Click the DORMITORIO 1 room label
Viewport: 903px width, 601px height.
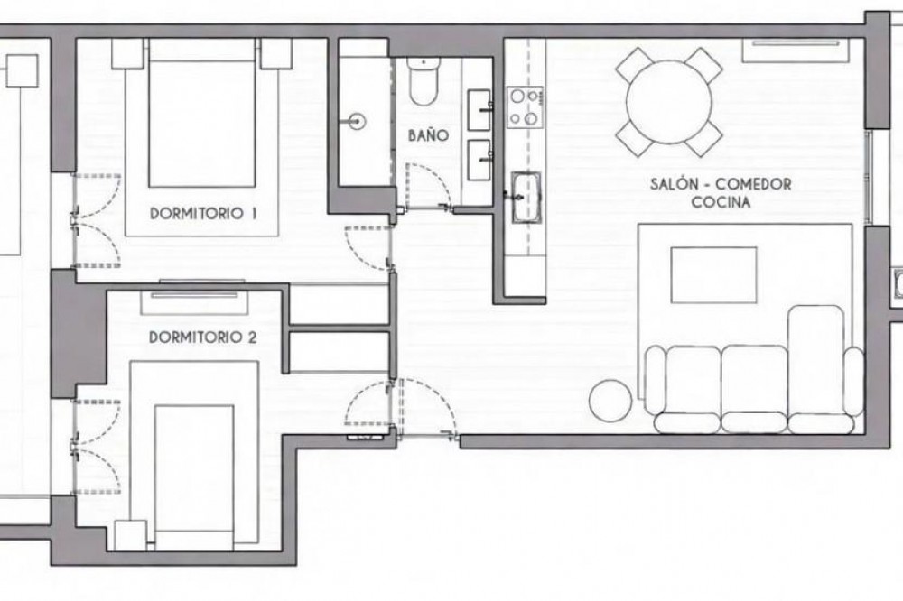202,214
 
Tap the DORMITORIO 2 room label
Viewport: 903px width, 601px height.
202,337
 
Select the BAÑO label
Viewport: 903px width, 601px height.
428,135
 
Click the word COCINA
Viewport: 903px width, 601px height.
721,203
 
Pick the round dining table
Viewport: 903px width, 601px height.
668,103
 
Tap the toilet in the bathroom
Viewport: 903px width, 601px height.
424,81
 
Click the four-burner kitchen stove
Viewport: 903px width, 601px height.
525,107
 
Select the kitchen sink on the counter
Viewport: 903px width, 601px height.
526,197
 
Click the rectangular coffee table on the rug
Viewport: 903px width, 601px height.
713,275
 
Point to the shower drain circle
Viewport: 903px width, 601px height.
358,121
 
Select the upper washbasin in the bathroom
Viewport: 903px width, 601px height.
479,109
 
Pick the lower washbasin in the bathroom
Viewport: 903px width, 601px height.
479,160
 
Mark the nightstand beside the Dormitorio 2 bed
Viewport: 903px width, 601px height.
131,535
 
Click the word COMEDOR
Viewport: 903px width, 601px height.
754,184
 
